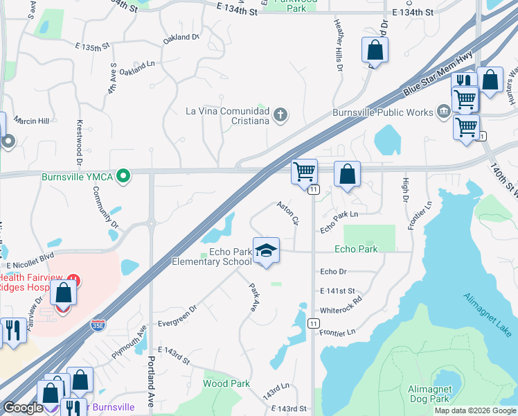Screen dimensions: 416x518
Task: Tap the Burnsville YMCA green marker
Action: point(123,176)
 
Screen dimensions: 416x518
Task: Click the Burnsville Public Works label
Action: point(383,112)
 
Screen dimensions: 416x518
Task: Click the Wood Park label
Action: point(226,383)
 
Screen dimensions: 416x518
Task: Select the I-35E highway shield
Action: point(99,324)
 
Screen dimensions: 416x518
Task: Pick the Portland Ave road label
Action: point(151,378)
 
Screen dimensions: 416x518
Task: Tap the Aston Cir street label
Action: point(287,213)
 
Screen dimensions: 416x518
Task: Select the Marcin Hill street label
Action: point(33,121)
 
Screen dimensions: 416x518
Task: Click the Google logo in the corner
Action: point(22,408)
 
